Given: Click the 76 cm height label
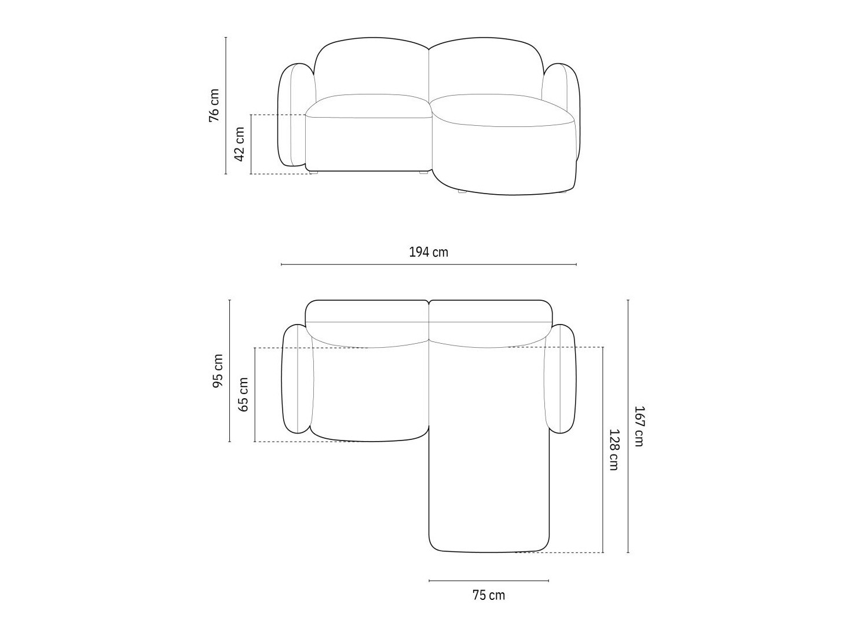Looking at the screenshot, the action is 214,105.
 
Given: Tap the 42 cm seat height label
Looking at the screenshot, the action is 239,144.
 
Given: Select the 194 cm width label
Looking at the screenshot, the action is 429,252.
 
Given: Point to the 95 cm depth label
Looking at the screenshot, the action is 218,371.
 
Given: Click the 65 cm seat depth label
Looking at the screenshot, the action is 243,394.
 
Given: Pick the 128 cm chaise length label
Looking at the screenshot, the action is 614,450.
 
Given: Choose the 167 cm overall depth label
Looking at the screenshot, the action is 639,426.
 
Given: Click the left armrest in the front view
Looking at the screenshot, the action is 292,115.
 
